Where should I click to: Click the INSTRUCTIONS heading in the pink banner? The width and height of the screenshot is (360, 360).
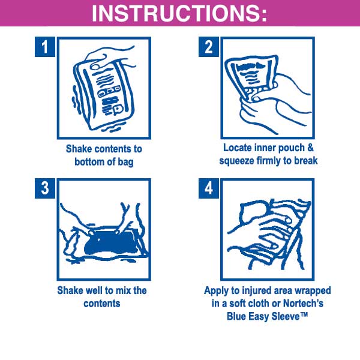point(179,13)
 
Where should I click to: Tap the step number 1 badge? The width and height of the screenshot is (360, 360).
point(45,47)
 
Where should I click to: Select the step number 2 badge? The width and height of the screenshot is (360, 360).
point(208,47)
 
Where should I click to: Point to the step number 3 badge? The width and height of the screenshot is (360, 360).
point(45,188)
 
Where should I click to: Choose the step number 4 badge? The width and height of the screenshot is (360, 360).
point(208,188)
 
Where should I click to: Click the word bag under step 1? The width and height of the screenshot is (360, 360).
point(125,163)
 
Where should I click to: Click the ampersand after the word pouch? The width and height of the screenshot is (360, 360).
point(310,148)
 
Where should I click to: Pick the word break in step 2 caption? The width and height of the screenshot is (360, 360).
point(306,160)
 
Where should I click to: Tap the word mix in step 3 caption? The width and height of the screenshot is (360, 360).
point(122,290)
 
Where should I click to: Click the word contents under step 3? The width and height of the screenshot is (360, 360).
point(102,304)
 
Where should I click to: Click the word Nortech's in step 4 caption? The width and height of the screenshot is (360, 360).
point(303,303)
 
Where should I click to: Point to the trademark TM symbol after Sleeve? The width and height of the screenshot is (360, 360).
point(304,314)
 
